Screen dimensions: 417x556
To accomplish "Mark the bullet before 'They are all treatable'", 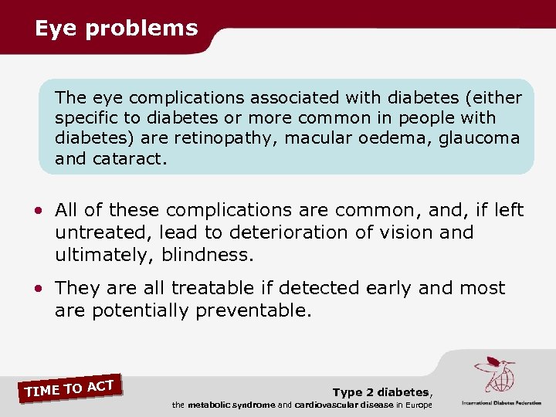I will point(39,290).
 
